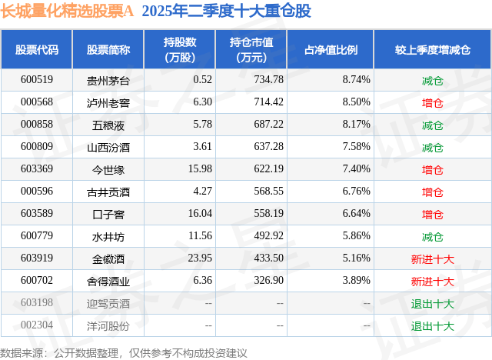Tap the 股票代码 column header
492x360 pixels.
37,50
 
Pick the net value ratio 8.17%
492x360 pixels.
356,125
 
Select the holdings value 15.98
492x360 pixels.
200,169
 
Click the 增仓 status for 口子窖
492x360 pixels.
433,215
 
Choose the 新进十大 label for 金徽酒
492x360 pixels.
433,259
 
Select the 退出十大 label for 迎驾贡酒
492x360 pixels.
433,304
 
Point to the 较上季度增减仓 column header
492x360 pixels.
433,50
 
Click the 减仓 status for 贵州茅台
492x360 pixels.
433,80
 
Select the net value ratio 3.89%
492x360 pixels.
356,282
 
